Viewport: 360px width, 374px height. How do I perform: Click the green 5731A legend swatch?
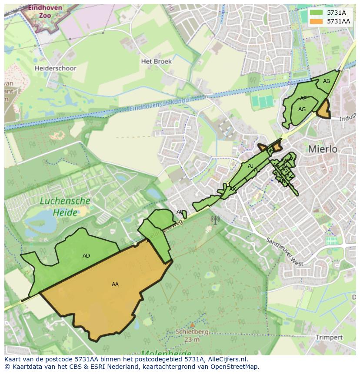[317, 13]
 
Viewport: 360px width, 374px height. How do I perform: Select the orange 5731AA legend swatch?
[317, 21]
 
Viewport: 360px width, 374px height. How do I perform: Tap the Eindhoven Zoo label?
[39, 11]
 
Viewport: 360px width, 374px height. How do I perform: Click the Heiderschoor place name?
[55, 68]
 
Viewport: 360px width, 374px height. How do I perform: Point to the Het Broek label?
[156, 62]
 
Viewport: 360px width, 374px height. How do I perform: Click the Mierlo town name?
[323, 149]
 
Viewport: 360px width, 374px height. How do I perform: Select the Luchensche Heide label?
[65, 207]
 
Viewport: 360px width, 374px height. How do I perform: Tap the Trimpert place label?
[329, 338]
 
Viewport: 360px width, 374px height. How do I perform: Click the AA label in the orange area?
[115, 285]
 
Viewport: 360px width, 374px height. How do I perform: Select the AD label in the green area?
[86, 256]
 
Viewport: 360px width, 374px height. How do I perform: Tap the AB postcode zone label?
[326, 81]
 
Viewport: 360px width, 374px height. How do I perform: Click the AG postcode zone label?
[302, 109]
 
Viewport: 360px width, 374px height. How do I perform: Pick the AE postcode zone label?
[303, 99]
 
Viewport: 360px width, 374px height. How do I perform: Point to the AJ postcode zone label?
[250, 166]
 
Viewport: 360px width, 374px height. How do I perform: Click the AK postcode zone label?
[232, 189]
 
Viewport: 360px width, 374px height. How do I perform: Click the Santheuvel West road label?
[285, 252]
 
